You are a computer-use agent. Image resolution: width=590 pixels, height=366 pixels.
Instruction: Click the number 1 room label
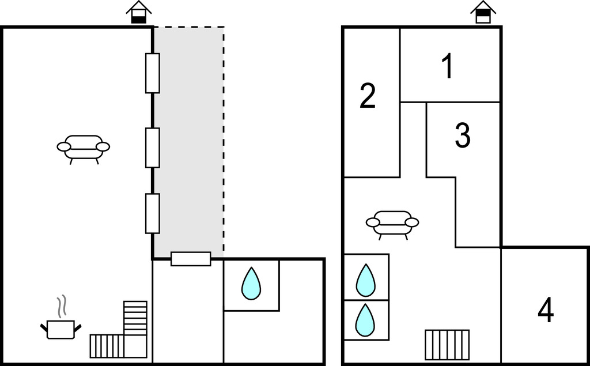coord(448,67)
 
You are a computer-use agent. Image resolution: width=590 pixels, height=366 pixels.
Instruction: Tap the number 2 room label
coord(368,96)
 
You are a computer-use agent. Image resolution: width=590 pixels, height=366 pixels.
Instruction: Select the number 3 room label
coord(463,135)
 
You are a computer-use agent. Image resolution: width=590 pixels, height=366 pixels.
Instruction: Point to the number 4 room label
coord(546,311)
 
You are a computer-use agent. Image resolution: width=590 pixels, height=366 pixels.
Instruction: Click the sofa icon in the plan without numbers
coord(84,148)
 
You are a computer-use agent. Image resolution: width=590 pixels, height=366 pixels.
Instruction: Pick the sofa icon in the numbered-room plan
coord(392,224)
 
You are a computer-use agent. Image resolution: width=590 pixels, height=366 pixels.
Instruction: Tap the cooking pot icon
coord(60,329)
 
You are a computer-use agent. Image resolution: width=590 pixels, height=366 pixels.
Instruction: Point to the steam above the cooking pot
coord(60,306)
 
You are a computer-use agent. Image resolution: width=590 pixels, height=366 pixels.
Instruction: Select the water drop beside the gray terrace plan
coord(251,284)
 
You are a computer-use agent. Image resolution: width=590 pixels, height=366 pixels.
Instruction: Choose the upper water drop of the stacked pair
coord(365,280)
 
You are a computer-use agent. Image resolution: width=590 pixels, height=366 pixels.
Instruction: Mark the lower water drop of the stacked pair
coord(365,320)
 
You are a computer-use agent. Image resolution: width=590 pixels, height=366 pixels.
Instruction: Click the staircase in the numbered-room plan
coord(447,344)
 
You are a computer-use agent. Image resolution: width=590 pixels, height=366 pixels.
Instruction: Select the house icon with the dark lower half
coord(139,13)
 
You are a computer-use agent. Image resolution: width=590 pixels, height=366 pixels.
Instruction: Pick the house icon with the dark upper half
coord(483,13)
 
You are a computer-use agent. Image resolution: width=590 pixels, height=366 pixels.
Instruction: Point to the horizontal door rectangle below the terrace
coord(191,259)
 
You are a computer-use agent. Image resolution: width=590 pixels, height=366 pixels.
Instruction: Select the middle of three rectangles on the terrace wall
coord(152,148)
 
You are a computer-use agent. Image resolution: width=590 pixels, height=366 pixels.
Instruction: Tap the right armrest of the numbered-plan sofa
coord(412,222)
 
